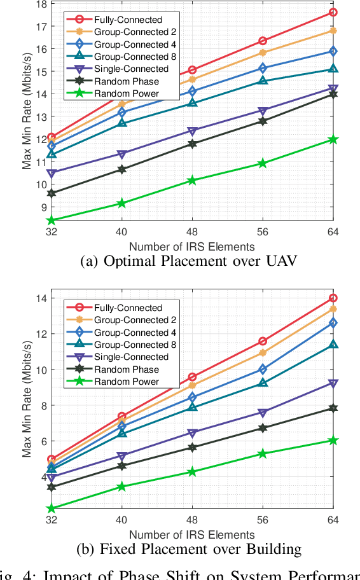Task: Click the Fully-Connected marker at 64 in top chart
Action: tap(333, 12)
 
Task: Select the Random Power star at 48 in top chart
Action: tap(192, 181)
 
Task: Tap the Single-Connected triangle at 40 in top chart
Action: tap(122, 154)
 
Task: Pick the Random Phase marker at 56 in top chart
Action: tap(263, 121)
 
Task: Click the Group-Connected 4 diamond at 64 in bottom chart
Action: tap(333, 322)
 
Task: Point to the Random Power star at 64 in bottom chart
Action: tap(333, 440)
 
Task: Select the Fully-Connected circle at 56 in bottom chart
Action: tap(263, 341)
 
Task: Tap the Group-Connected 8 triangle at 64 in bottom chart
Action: tap(333, 345)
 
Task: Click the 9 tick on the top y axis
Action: tap(42, 207)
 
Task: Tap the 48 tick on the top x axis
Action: tap(192, 233)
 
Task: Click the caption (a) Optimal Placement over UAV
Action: tap(180, 261)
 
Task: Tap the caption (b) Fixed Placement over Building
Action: tap(180, 549)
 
